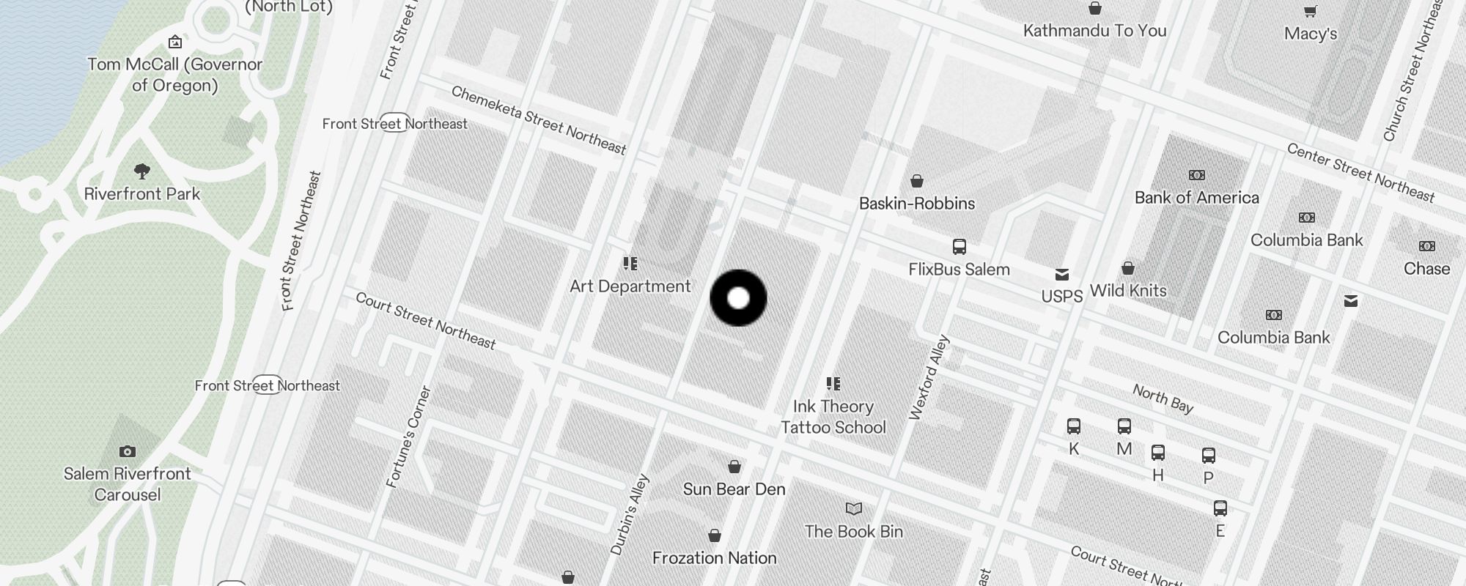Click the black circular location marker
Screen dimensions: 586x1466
738,298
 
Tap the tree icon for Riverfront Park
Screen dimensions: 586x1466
142,171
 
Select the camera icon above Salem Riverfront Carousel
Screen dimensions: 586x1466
128,451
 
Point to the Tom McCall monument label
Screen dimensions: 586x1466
174,75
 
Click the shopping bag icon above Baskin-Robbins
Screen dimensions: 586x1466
916,181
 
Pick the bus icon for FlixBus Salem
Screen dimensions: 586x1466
959,247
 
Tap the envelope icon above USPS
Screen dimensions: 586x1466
1061,275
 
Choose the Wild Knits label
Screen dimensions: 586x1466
1127,291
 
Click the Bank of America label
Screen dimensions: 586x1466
1196,198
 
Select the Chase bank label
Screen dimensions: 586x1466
1426,269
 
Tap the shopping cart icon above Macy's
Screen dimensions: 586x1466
1310,11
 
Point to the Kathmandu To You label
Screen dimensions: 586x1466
1094,31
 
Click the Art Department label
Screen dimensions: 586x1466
630,286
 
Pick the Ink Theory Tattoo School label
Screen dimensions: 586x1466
833,417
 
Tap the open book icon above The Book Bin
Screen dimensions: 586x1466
853,508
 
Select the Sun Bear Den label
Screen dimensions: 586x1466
734,489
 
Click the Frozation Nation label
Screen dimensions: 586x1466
714,558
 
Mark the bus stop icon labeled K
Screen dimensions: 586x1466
1074,426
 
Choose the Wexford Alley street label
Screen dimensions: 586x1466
929,378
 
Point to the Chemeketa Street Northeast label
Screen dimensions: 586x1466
539,120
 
